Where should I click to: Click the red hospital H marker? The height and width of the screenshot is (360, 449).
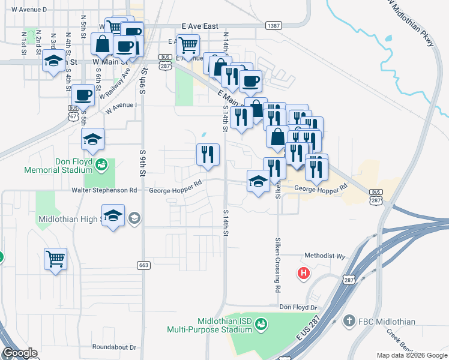(304, 274)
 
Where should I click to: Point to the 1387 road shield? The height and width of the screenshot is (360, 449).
(273, 26)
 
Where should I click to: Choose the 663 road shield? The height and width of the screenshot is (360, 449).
(143, 265)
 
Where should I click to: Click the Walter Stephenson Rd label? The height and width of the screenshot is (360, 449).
(104, 190)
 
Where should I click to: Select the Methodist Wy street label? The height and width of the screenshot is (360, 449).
(325, 256)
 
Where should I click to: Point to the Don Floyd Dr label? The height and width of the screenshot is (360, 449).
(298, 307)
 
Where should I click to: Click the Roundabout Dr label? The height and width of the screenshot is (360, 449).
(115, 347)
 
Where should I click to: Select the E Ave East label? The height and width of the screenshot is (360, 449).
(200, 27)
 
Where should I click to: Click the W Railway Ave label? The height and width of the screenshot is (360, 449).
(115, 85)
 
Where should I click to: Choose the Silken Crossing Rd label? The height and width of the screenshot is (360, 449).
(278, 264)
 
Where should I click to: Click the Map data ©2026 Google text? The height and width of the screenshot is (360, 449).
(411, 355)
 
